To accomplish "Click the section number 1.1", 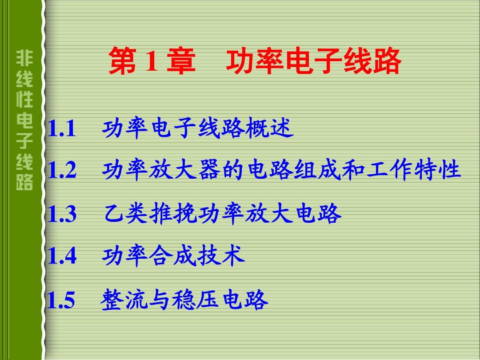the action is (62, 128).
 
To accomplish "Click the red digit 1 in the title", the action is (152, 61).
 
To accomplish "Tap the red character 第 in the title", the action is (123, 60).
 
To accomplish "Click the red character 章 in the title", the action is (181, 60).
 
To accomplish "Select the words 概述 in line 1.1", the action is (269, 128).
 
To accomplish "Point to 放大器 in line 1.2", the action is (185, 170).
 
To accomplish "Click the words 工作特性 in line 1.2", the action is (414, 170).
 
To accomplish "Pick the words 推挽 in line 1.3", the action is (172, 213).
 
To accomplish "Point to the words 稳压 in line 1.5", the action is (196, 299).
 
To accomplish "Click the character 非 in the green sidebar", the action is (24, 58).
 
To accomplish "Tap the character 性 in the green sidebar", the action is (24, 99).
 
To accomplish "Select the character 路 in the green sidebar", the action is (24, 182).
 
